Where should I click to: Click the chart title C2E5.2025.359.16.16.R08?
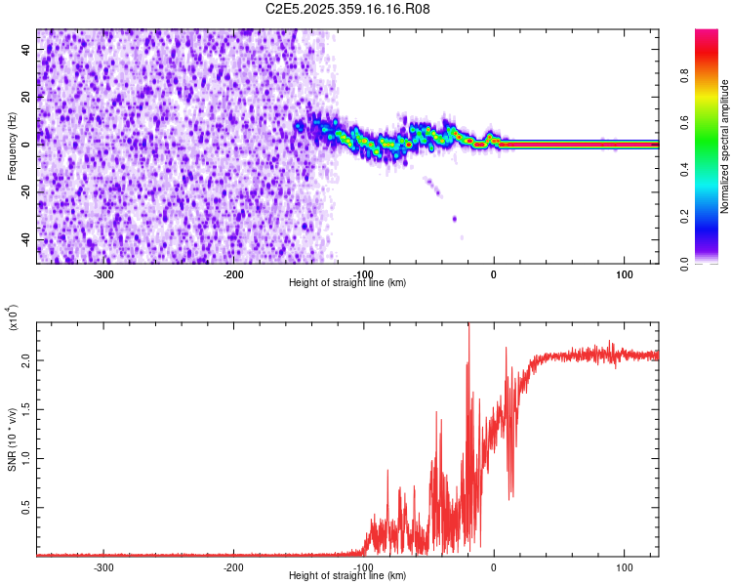click(x=348, y=9)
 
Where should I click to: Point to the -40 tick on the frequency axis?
click(x=25, y=239)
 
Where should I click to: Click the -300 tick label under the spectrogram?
click(x=103, y=273)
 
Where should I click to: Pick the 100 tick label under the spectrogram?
click(x=624, y=273)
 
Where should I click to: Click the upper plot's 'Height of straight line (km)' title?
click(x=347, y=283)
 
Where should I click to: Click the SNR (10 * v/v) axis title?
click(x=13, y=433)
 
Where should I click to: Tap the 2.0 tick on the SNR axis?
click(x=25, y=360)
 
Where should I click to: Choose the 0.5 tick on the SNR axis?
click(x=25, y=508)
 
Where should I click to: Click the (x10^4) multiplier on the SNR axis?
click(x=13, y=320)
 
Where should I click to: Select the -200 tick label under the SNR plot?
click(x=233, y=565)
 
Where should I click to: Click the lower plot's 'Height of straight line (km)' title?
click(x=347, y=575)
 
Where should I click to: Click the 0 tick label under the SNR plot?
click(x=494, y=565)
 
